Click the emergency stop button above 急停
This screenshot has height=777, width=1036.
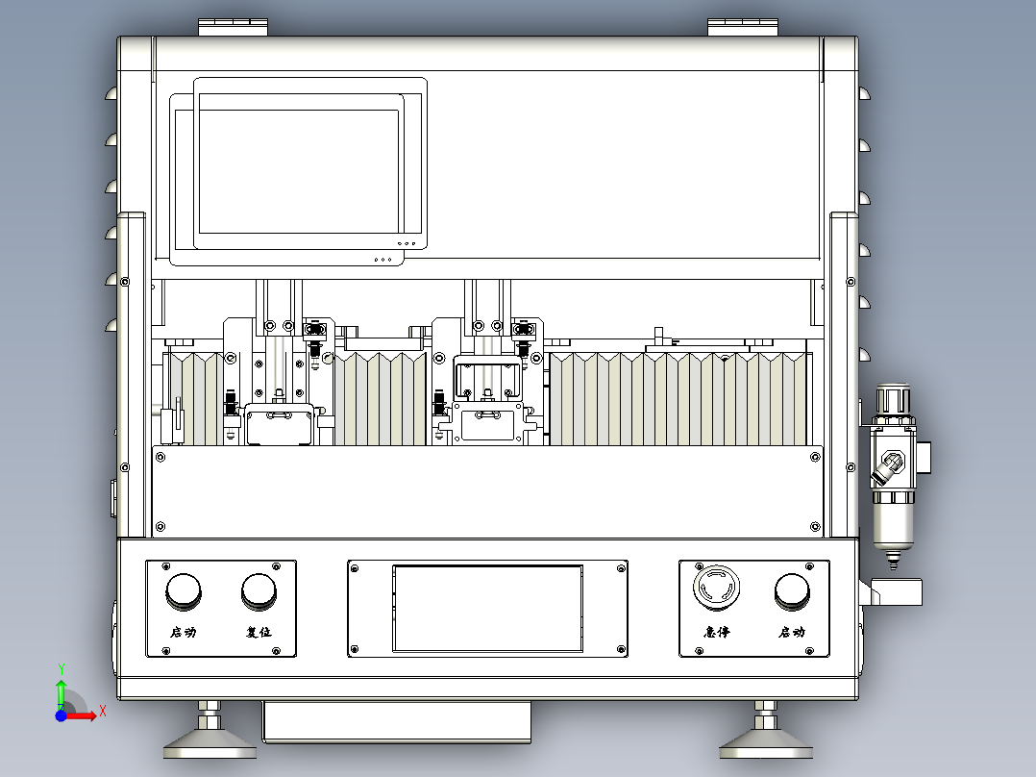(x=716, y=587)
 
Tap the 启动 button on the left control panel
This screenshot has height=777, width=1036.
(x=183, y=591)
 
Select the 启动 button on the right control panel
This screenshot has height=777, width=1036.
(x=792, y=591)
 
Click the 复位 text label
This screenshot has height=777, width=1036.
(x=259, y=632)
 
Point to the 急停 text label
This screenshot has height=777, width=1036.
(x=716, y=632)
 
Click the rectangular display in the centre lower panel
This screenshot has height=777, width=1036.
(x=487, y=609)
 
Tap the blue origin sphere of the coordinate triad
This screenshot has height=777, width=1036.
(x=61, y=715)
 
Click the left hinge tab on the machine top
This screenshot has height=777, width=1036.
(x=234, y=27)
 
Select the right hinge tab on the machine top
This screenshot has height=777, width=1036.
(x=743, y=27)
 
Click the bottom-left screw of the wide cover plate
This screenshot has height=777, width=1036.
(x=160, y=527)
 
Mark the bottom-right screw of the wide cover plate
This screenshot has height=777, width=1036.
(x=815, y=527)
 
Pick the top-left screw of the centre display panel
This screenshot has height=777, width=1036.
(x=354, y=568)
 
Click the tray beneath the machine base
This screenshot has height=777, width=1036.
(x=396, y=721)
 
